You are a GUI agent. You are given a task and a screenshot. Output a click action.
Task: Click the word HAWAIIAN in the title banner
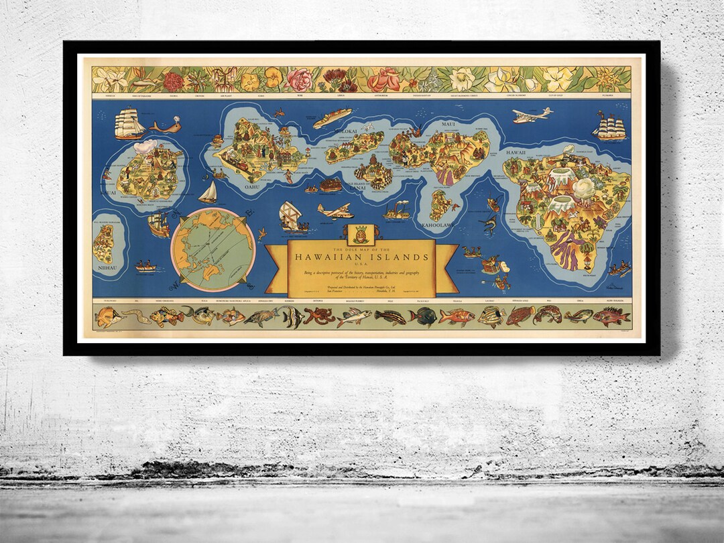pyautogui.click(x=335, y=257)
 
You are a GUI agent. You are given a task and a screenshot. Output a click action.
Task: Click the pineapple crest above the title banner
pyautogui.click(x=357, y=233)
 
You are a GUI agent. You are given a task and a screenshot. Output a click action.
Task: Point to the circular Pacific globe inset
pyautogui.click(x=212, y=249)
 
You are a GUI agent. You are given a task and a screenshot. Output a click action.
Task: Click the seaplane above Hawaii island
pyautogui.click(x=531, y=115)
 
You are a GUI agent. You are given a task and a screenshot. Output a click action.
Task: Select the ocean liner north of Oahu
pyautogui.click(x=332, y=118)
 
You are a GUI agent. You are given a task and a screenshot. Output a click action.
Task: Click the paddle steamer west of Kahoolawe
pyautogui.click(x=397, y=212)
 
